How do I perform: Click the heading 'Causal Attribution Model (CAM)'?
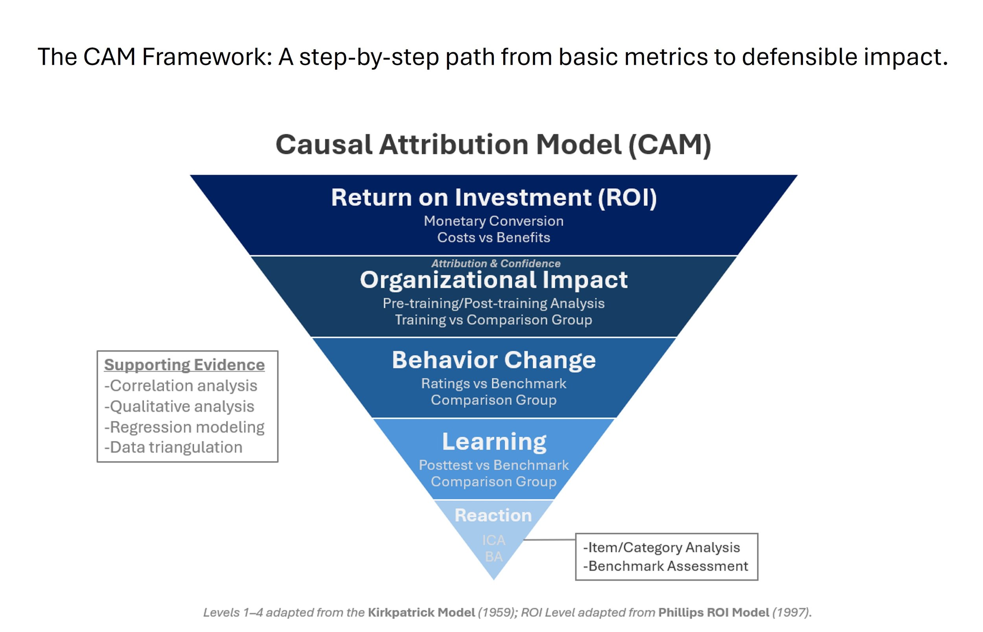click(493, 145)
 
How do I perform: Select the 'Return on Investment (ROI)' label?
click(493, 197)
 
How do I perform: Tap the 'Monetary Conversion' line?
click(493, 221)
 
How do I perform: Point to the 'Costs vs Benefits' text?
click(493, 237)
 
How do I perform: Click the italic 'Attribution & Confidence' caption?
click(495, 263)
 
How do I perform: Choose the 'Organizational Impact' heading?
click(493, 280)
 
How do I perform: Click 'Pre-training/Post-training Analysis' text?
click(493, 303)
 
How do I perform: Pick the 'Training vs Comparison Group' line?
click(493, 320)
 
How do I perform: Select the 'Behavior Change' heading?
click(493, 360)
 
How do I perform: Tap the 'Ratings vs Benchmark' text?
click(493, 383)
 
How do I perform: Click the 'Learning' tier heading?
click(494, 442)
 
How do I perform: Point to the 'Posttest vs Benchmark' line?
click(493, 465)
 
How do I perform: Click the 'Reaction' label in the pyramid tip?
click(493, 515)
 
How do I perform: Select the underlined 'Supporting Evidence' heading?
click(184, 365)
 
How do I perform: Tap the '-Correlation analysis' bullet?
click(180, 386)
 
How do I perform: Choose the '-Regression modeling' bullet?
click(184, 427)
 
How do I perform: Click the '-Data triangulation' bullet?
click(173, 447)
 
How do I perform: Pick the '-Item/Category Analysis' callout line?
click(661, 547)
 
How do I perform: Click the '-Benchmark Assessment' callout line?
click(665, 566)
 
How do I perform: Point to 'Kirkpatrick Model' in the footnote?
click(421, 613)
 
